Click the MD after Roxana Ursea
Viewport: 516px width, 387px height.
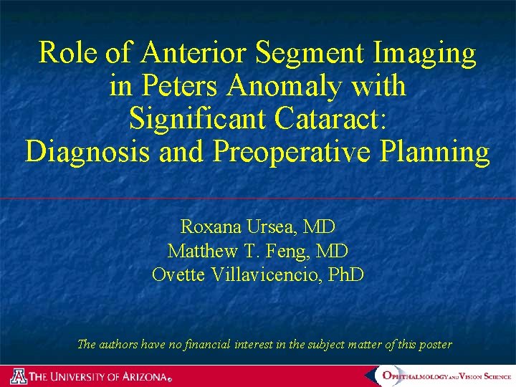(x=320, y=227)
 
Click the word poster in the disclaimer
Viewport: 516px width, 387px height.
(x=435, y=345)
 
